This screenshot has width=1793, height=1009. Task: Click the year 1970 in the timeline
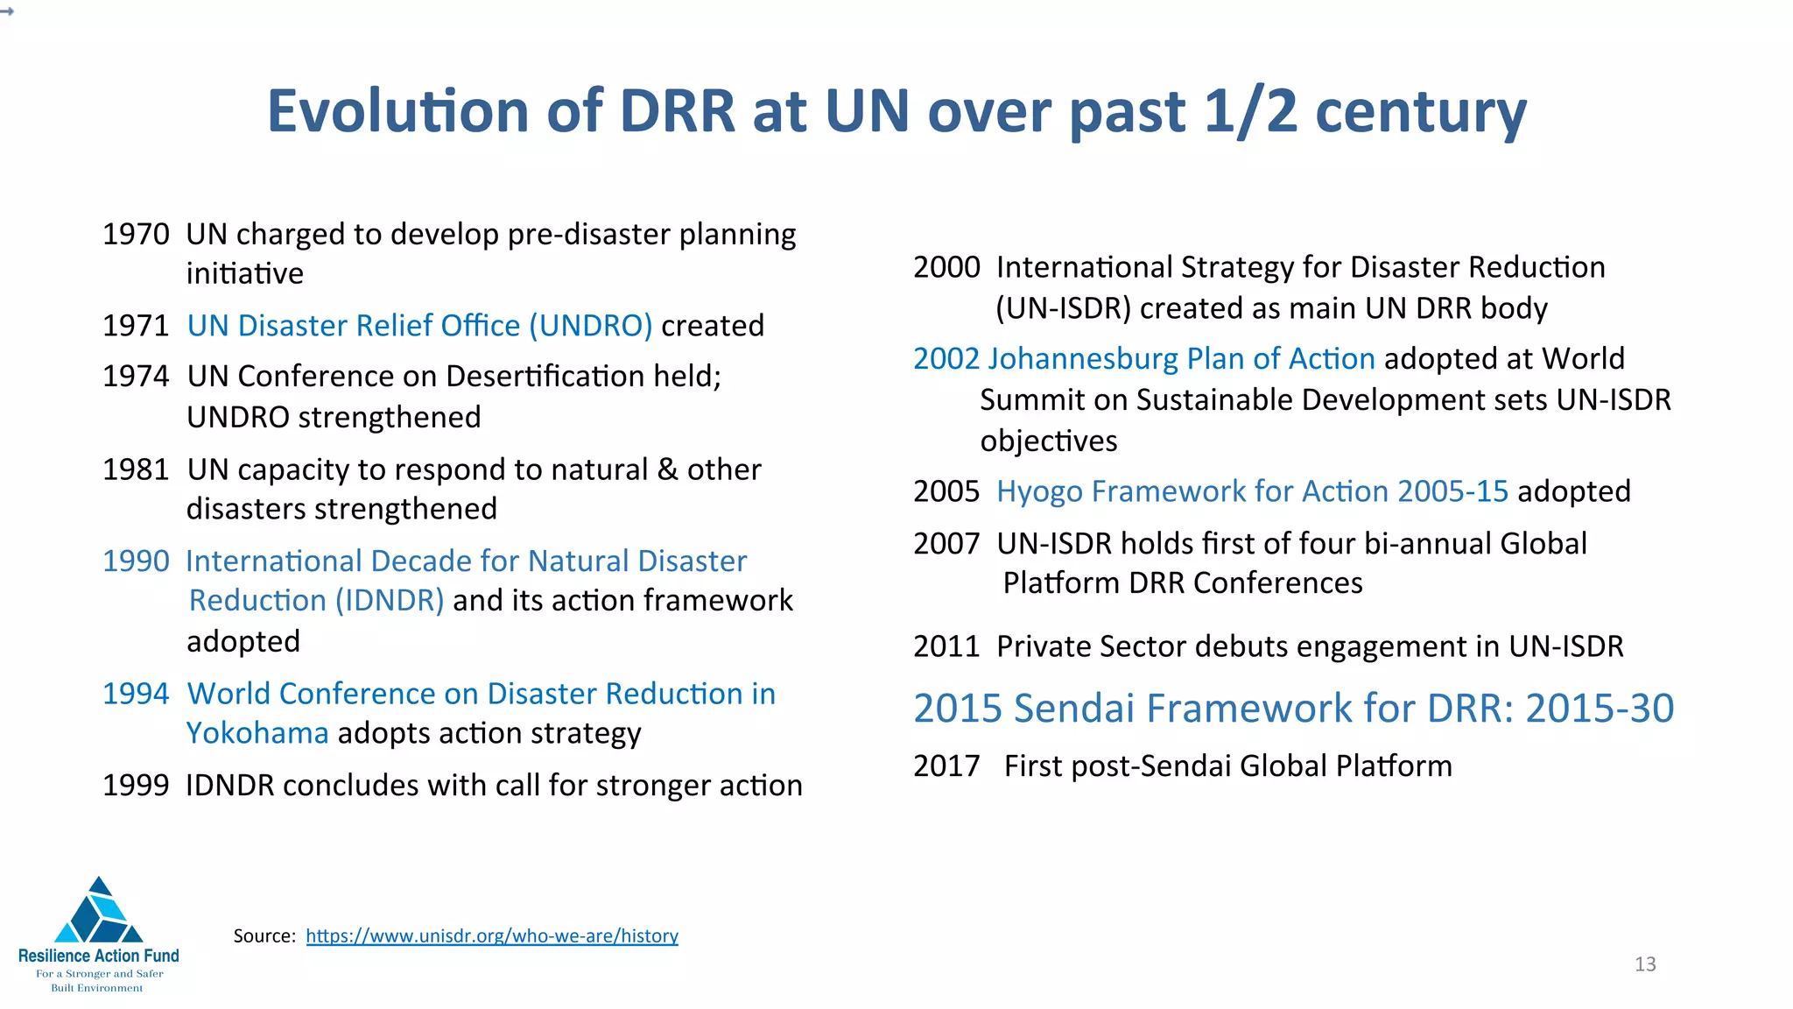pos(136,235)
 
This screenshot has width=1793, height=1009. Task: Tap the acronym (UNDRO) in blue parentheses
pos(591,326)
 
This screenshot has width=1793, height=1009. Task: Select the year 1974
pos(136,377)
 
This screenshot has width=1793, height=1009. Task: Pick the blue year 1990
pos(136,561)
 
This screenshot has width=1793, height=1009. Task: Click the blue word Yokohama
pos(257,733)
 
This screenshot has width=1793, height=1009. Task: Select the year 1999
pos(136,786)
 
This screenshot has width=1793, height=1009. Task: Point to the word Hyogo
pos(1039,492)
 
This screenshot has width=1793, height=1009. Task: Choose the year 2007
pos(946,544)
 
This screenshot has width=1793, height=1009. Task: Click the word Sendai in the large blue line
pos(1074,709)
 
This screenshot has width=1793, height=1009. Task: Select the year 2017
pos(946,766)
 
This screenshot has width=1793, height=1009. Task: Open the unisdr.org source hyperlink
pos(492,936)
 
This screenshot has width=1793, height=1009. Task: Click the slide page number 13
pos(1645,964)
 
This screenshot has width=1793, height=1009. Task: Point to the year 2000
pos(946,267)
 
